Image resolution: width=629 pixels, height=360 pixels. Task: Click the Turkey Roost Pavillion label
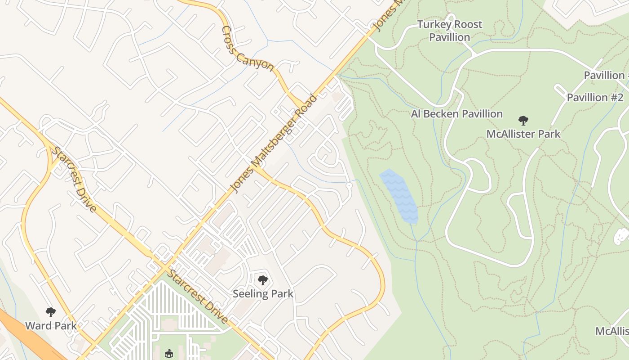point(449,31)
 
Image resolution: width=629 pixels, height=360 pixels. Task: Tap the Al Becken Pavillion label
point(456,114)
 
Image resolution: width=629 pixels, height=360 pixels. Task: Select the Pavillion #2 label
point(595,98)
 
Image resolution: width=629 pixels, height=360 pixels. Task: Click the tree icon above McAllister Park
point(523,121)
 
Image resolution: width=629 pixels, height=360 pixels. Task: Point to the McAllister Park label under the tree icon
point(523,134)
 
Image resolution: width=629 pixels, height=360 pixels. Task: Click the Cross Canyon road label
point(248,49)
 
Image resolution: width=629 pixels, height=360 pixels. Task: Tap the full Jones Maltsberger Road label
point(273,144)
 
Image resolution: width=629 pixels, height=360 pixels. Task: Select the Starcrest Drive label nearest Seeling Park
point(198,297)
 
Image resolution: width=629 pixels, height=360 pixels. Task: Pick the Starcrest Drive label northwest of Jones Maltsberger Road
point(75,179)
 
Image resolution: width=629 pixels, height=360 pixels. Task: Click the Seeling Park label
point(263,294)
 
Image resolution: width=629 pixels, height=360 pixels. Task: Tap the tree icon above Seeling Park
point(263,281)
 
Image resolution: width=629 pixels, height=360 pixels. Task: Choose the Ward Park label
point(50,325)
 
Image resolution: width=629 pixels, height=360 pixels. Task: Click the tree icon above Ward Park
point(50,312)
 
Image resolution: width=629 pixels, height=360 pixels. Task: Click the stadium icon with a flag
point(169,354)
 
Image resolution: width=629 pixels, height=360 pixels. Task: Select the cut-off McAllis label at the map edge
point(612,332)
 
